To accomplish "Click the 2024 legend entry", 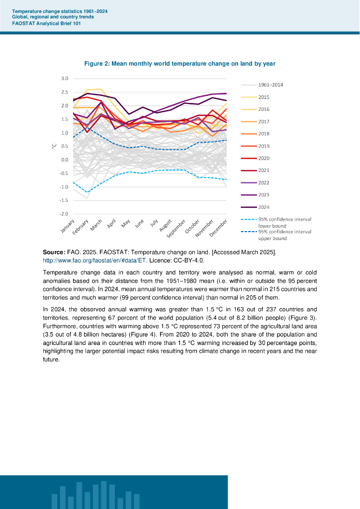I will pyautogui.click(x=264, y=207).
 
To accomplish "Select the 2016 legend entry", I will pyautogui.click(x=264, y=109).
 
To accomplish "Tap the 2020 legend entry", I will pyautogui.click(x=264, y=158).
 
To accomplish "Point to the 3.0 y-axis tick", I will pyautogui.click(x=65, y=79).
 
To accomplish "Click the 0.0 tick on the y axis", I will pyautogui.click(x=65, y=160).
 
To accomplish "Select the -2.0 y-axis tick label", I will pyautogui.click(x=64, y=214).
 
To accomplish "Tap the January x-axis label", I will pyautogui.click(x=67, y=227).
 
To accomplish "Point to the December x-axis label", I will pyautogui.click(x=219, y=228).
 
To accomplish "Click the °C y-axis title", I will pyautogui.click(x=54, y=146).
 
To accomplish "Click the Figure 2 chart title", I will pyautogui.click(x=180, y=64).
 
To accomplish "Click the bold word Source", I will pyautogui.click(x=54, y=253).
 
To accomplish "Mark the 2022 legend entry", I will pyautogui.click(x=264, y=183).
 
